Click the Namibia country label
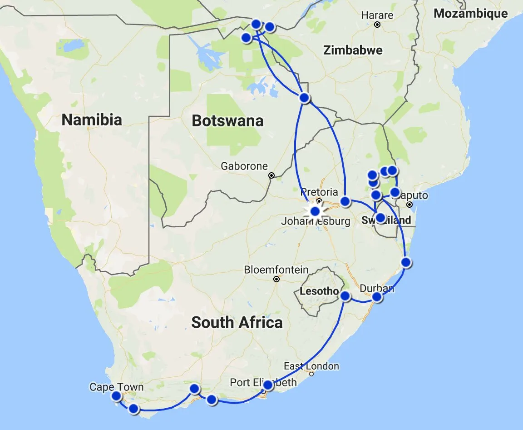92,120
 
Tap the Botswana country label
227,121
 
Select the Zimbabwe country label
353,50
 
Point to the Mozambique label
471,14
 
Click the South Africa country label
237,323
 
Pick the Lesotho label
319,291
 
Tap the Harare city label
377,15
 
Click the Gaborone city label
244,166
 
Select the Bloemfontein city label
276,270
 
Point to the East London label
311,366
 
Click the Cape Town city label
116,387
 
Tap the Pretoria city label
319,191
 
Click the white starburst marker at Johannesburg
315,211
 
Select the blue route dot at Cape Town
116,396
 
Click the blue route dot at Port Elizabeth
268,385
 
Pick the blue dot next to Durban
377,297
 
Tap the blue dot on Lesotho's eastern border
345,296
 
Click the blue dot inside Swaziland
380,217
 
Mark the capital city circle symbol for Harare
377,25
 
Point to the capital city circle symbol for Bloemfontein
276,279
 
